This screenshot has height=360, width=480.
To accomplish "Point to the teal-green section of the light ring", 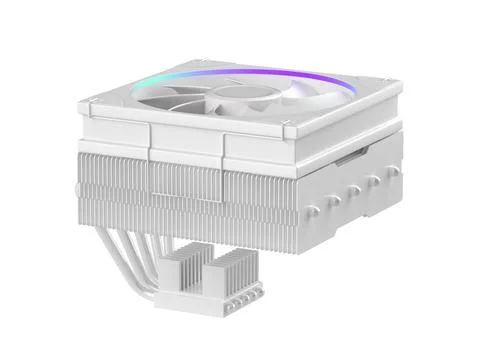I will click(180, 72).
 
